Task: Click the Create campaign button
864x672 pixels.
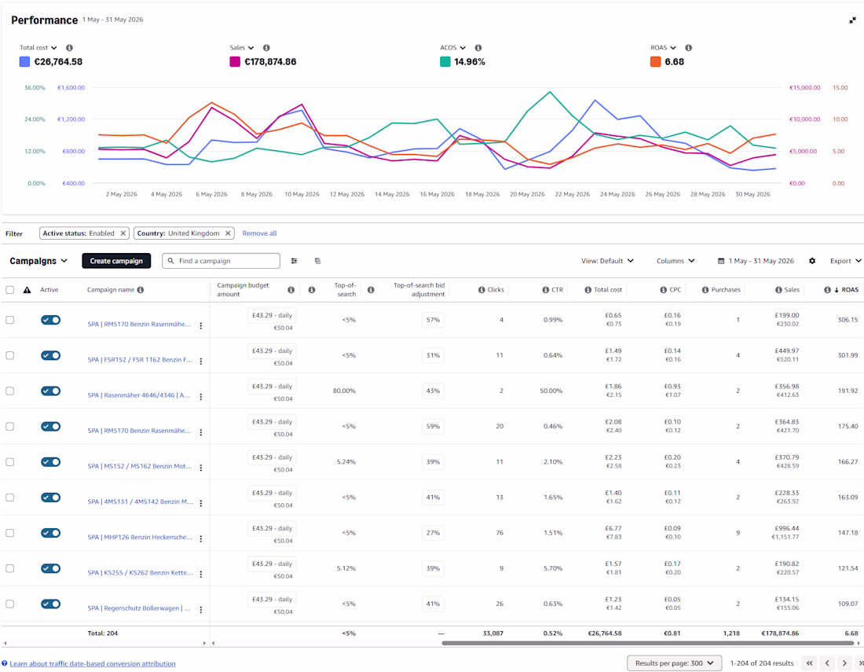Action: click(x=116, y=261)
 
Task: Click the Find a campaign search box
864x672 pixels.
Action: click(x=221, y=261)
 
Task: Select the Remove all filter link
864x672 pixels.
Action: click(x=259, y=233)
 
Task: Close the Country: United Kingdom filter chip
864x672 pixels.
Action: click(x=228, y=233)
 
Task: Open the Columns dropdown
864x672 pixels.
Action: click(x=675, y=261)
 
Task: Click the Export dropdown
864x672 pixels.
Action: click(x=845, y=261)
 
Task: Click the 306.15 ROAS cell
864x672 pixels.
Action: click(x=848, y=320)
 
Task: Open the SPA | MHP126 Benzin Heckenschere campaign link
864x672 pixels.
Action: click(x=140, y=537)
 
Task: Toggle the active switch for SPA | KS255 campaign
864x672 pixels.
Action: click(x=51, y=568)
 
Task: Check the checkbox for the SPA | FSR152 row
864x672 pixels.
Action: click(x=10, y=355)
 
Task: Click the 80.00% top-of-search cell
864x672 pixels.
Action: click(x=344, y=391)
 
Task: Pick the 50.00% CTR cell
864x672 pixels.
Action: click(x=551, y=391)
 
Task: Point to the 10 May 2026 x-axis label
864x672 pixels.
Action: click(x=302, y=194)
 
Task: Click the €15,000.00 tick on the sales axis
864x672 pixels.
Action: click(x=804, y=88)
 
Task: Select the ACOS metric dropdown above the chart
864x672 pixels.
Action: click(x=453, y=48)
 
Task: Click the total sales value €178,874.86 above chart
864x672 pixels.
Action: click(x=270, y=62)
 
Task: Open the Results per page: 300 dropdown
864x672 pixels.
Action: click(x=675, y=663)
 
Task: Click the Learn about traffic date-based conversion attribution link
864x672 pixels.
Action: click(x=93, y=663)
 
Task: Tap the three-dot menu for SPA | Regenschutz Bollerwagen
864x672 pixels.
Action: click(x=201, y=610)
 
